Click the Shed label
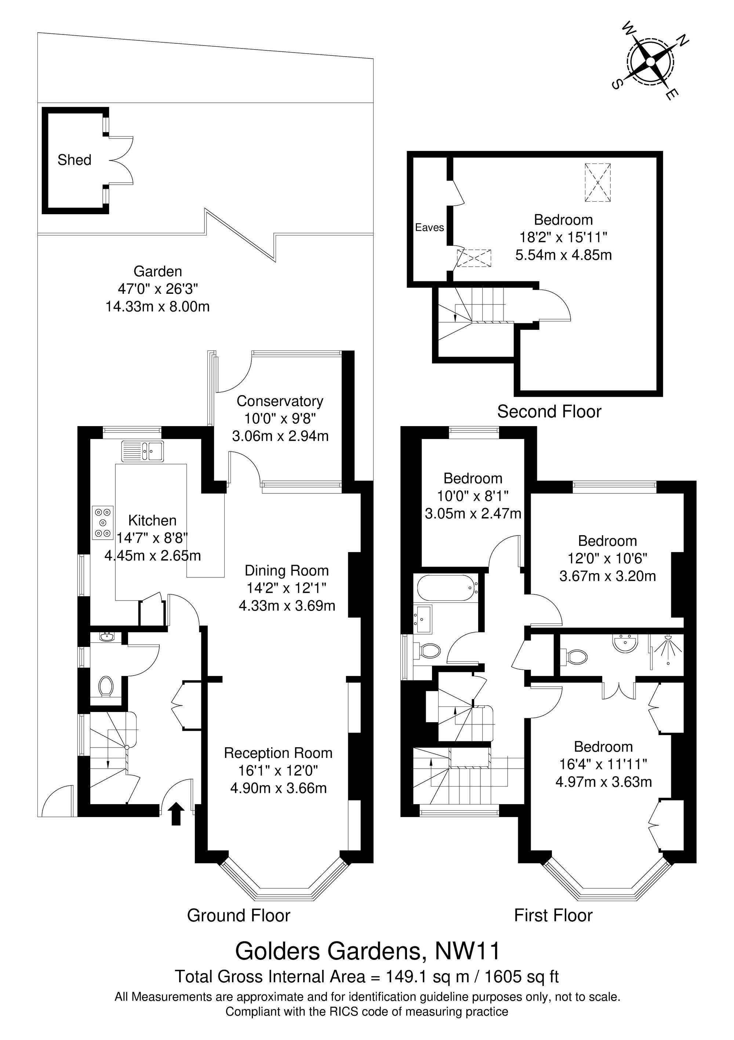[x=74, y=160]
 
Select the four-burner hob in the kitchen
[x=103, y=523]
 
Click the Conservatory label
[x=280, y=401]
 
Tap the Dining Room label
[x=287, y=571]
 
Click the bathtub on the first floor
[x=447, y=588]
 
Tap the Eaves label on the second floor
[x=429, y=227]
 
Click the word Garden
[x=157, y=271]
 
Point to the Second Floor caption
[x=549, y=411]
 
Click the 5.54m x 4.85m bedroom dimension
[x=563, y=255]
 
